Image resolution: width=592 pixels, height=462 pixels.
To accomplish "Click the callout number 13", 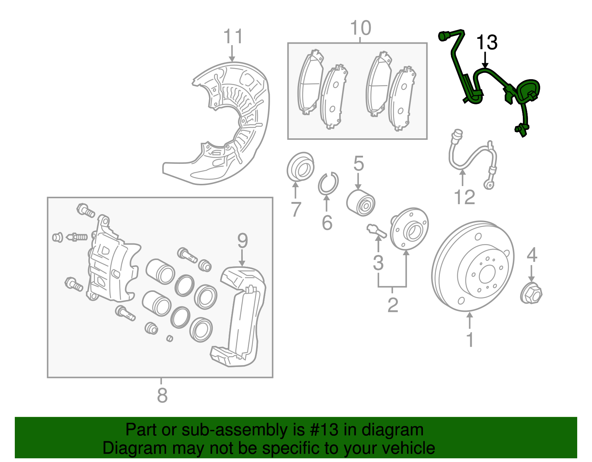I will coord(487,43).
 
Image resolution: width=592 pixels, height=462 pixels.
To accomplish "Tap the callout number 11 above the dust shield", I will coord(233,37).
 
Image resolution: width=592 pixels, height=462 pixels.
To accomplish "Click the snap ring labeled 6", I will coord(328,183).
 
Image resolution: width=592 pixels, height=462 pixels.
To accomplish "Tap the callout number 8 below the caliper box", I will coord(162,395).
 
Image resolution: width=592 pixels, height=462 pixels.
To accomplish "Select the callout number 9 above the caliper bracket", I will coord(242,241).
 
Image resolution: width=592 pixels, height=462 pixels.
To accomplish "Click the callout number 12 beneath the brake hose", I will coord(464,197).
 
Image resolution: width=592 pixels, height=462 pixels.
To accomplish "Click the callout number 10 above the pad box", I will coord(360,28).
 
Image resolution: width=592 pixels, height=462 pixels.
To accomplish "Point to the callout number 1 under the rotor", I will coord(470,340).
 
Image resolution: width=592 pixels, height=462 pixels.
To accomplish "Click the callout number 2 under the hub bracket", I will coord(393,305).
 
